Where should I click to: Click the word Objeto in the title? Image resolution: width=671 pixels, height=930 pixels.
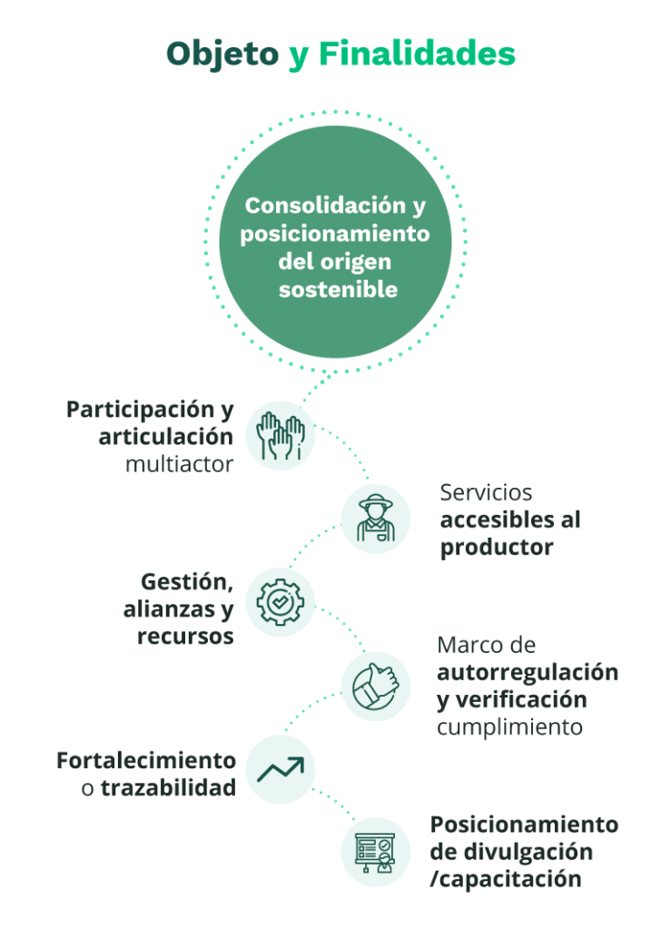pyautogui.click(x=222, y=54)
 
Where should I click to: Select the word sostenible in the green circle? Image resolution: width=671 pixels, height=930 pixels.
pyautogui.click(x=338, y=290)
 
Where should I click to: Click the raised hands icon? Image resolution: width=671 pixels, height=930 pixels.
pyautogui.click(x=281, y=435)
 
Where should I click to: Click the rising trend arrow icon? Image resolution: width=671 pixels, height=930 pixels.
pyautogui.click(x=281, y=769)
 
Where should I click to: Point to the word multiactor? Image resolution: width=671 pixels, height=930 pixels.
pyautogui.click(x=180, y=464)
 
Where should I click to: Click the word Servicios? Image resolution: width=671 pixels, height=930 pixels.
pyautogui.click(x=486, y=493)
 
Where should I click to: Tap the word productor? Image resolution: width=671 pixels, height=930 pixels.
pyautogui.click(x=497, y=548)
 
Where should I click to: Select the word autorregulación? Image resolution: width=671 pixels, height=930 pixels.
pyautogui.click(x=528, y=673)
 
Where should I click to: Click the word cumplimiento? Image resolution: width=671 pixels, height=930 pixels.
pyautogui.click(x=509, y=727)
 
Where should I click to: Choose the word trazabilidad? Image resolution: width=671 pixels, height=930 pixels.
pyautogui.click(x=168, y=787)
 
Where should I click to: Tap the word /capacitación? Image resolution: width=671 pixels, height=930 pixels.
pyautogui.click(x=506, y=879)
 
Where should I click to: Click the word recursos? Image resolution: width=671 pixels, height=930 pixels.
pyautogui.click(x=185, y=637)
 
